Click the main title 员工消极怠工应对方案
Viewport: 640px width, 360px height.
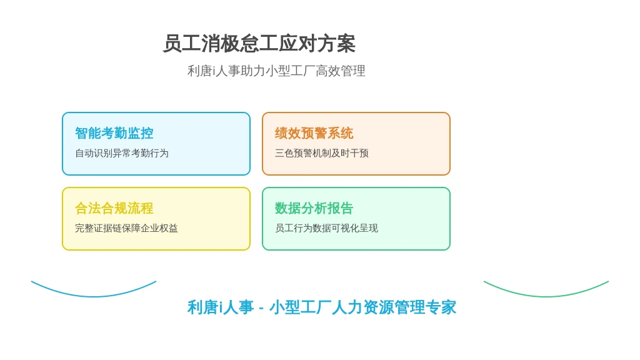click(x=259, y=44)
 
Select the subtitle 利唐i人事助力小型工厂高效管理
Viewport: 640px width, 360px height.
click(x=276, y=71)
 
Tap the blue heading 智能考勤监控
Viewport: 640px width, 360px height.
click(x=114, y=133)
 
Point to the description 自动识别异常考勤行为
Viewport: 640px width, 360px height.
click(x=122, y=153)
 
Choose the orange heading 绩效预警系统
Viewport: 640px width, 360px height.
click(x=314, y=133)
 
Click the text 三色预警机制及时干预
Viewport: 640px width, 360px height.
click(x=322, y=153)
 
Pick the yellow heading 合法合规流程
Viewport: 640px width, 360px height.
click(x=114, y=208)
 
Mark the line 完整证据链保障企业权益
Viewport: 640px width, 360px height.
click(x=126, y=228)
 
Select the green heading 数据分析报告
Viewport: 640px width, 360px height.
click(x=314, y=208)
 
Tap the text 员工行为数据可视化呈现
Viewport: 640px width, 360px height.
click(x=326, y=228)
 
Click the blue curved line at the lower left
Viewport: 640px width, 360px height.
click(x=94, y=296)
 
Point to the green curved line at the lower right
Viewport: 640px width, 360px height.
click(x=546, y=296)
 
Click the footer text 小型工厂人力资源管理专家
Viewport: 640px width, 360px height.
click(x=362, y=307)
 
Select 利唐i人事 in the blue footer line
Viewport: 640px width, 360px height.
click(x=221, y=307)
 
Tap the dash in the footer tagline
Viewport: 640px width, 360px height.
click(x=261, y=308)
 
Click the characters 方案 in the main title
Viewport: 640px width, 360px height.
click(x=336, y=44)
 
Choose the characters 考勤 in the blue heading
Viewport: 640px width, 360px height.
click(x=114, y=133)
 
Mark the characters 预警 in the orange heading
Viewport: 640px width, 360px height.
click(x=314, y=133)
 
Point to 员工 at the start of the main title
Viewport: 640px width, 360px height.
click(x=182, y=44)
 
